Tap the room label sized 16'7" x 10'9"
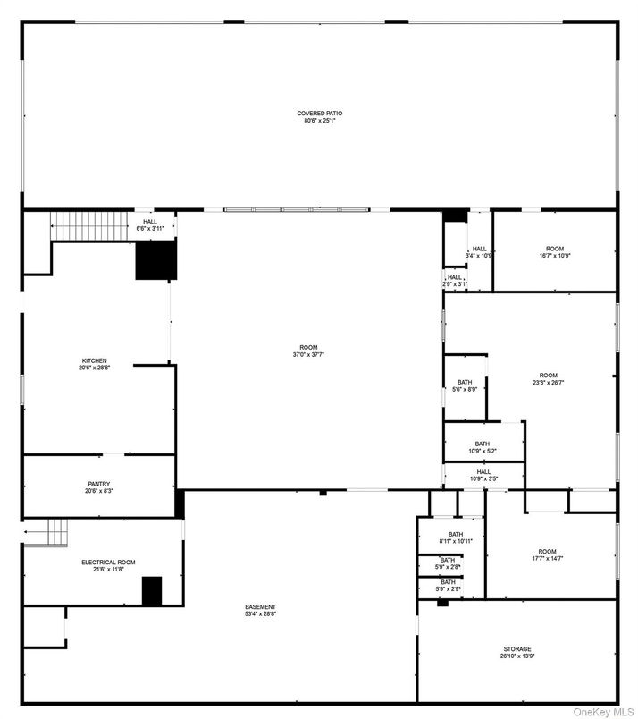pos(555,251)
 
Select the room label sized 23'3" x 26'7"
pos(548,378)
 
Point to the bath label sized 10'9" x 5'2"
pos(482,447)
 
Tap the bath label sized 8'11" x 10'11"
pos(449,537)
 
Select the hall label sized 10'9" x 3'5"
pos(483,475)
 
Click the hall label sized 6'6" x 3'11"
pos(149,224)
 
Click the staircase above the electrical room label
pos(54,533)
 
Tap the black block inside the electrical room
pos(152,591)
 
